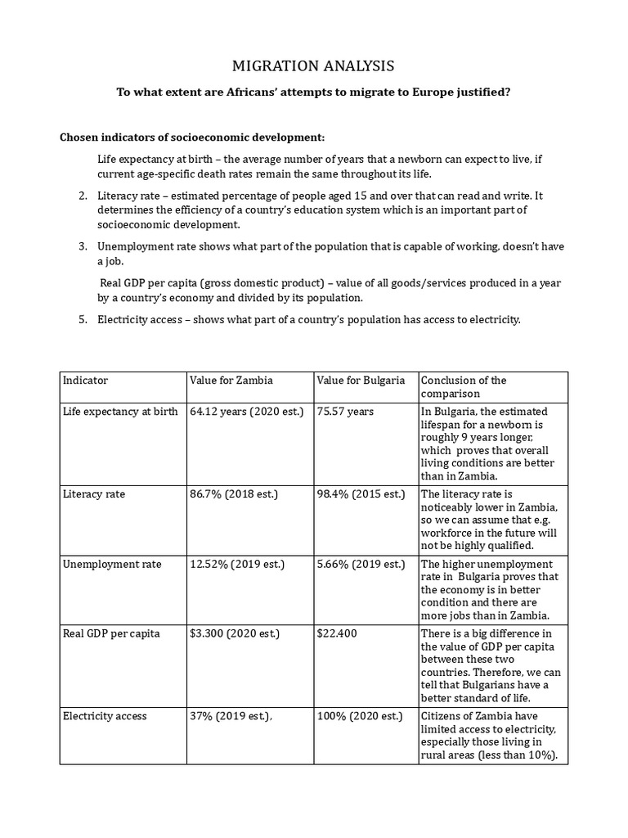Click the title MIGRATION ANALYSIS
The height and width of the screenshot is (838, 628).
(313, 65)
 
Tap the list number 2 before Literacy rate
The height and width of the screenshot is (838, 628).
(83, 196)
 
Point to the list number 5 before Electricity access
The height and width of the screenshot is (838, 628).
(83, 319)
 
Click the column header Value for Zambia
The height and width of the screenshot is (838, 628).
(231, 381)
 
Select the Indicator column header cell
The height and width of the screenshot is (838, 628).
(86, 381)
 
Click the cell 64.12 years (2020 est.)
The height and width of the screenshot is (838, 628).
(246, 412)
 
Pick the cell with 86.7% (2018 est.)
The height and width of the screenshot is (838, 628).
(234, 494)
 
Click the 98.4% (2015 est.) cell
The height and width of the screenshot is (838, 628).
(361, 494)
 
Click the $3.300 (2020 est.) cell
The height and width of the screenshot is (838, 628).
(234, 634)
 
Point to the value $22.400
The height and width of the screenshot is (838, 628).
(339, 634)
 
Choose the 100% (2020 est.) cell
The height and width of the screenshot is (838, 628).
(360, 716)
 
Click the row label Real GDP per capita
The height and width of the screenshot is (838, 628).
(111, 634)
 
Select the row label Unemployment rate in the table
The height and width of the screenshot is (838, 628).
(112, 565)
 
